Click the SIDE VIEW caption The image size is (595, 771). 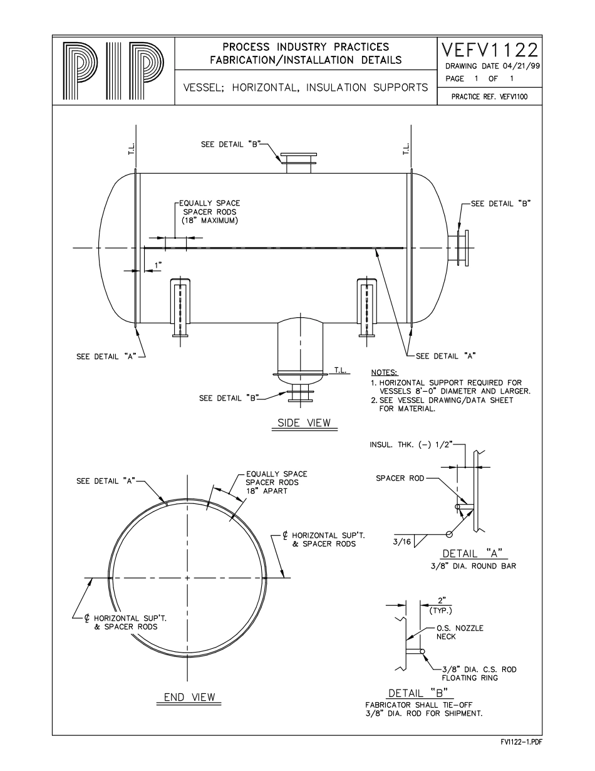pyautogui.click(x=304, y=423)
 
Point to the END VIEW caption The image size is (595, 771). pyautogui.click(x=189, y=697)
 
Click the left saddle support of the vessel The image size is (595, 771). pyautogui.click(x=180, y=307)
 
